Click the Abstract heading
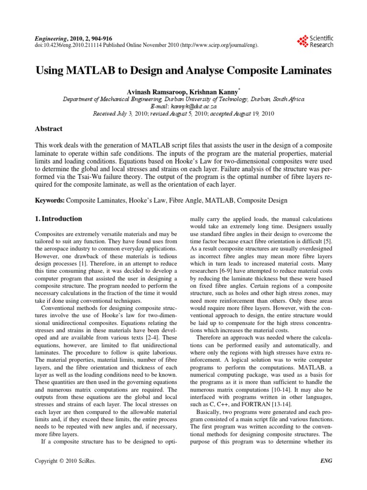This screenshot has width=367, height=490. [x=49, y=129]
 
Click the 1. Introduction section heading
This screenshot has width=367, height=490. [x=59, y=219]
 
